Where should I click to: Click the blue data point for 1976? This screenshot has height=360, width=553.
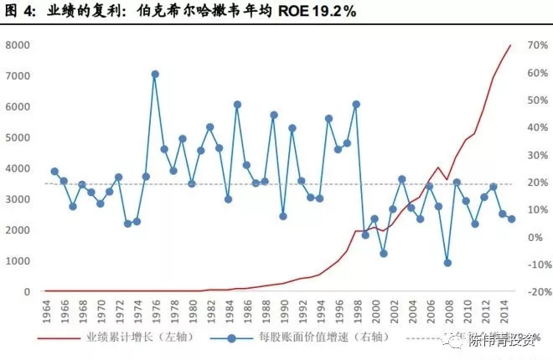coord(155,74)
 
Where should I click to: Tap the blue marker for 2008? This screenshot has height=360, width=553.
coord(447,263)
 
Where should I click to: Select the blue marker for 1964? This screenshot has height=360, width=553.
coord(54,172)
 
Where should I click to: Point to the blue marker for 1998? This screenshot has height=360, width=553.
coord(356,105)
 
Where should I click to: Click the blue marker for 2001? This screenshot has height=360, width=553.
coord(383,253)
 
